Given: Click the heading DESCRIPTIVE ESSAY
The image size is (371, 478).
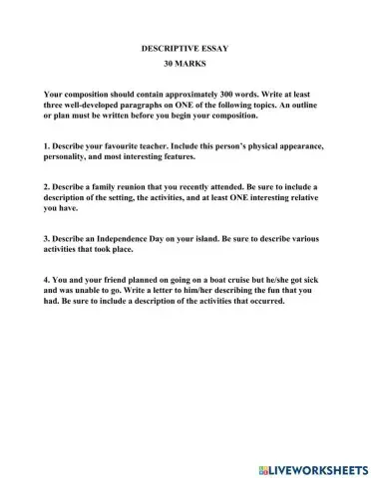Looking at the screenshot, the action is (x=186, y=48).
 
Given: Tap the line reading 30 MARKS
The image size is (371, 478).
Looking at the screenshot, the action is (x=186, y=62).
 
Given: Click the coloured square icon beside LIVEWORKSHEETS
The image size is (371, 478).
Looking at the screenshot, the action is (x=262, y=467).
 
